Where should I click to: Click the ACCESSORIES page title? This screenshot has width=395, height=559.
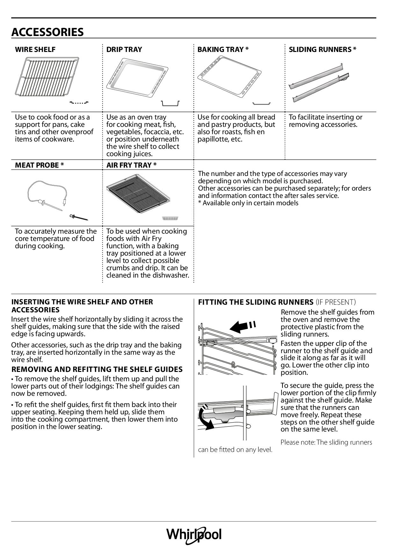[47, 32]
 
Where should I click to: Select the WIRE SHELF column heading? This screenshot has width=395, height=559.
[35, 49]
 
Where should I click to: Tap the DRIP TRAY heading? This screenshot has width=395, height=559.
[124, 49]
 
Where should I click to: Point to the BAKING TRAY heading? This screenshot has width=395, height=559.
[223, 49]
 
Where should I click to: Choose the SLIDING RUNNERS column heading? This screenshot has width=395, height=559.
[322, 49]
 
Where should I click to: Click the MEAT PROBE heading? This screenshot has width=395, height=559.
[39, 165]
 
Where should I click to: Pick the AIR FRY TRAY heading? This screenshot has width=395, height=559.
[131, 165]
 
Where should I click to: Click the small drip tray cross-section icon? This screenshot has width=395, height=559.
[170, 103]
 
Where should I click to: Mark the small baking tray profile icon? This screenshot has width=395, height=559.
[261, 104]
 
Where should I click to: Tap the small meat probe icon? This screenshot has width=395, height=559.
[79, 218]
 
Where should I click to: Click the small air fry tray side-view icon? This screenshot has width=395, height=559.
[170, 218]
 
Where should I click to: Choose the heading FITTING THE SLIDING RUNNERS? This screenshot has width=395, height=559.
[255, 302]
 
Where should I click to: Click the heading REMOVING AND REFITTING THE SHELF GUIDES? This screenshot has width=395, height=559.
[97, 369]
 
